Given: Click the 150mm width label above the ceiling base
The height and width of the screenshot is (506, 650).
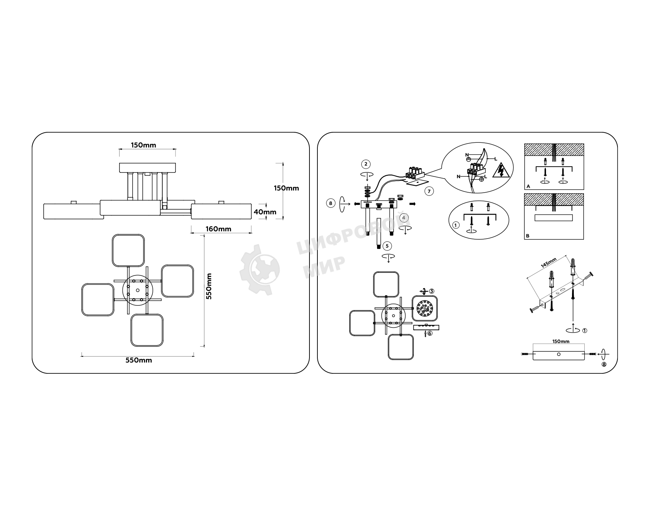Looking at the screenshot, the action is tap(143, 145).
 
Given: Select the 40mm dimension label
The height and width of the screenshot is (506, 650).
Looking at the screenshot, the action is tap(265, 212).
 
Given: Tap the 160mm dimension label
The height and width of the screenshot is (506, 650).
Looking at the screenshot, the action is tap(218, 229).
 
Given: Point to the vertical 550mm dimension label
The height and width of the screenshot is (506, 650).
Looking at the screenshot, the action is tap(208, 286).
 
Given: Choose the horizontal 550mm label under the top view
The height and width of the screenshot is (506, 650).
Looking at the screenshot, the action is tap(139, 360).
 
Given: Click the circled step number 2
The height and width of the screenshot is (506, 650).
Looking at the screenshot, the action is tap(366, 164).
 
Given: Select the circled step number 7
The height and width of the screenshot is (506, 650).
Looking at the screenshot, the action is tap(429, 191).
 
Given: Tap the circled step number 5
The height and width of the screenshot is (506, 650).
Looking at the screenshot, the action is tap(387, 246).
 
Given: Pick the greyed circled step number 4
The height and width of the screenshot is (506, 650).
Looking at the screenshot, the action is tap(404, 218).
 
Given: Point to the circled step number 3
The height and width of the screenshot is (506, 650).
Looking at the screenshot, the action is tap(432, 291).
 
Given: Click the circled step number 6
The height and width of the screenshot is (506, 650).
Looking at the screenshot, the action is tap(430, 334).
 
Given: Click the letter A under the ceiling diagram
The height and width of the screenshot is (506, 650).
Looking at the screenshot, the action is tap(528, 186).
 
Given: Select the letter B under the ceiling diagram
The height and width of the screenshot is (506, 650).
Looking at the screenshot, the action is tap(528, 236).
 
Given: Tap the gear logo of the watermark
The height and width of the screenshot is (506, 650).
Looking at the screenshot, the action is tap(260, 269).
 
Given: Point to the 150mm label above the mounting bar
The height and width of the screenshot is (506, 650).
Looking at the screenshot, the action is tap(561, 341).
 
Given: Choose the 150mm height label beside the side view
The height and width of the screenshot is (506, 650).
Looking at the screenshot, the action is tap(286, 188).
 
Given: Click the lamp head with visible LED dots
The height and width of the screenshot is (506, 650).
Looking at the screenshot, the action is tap(425, 309).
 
